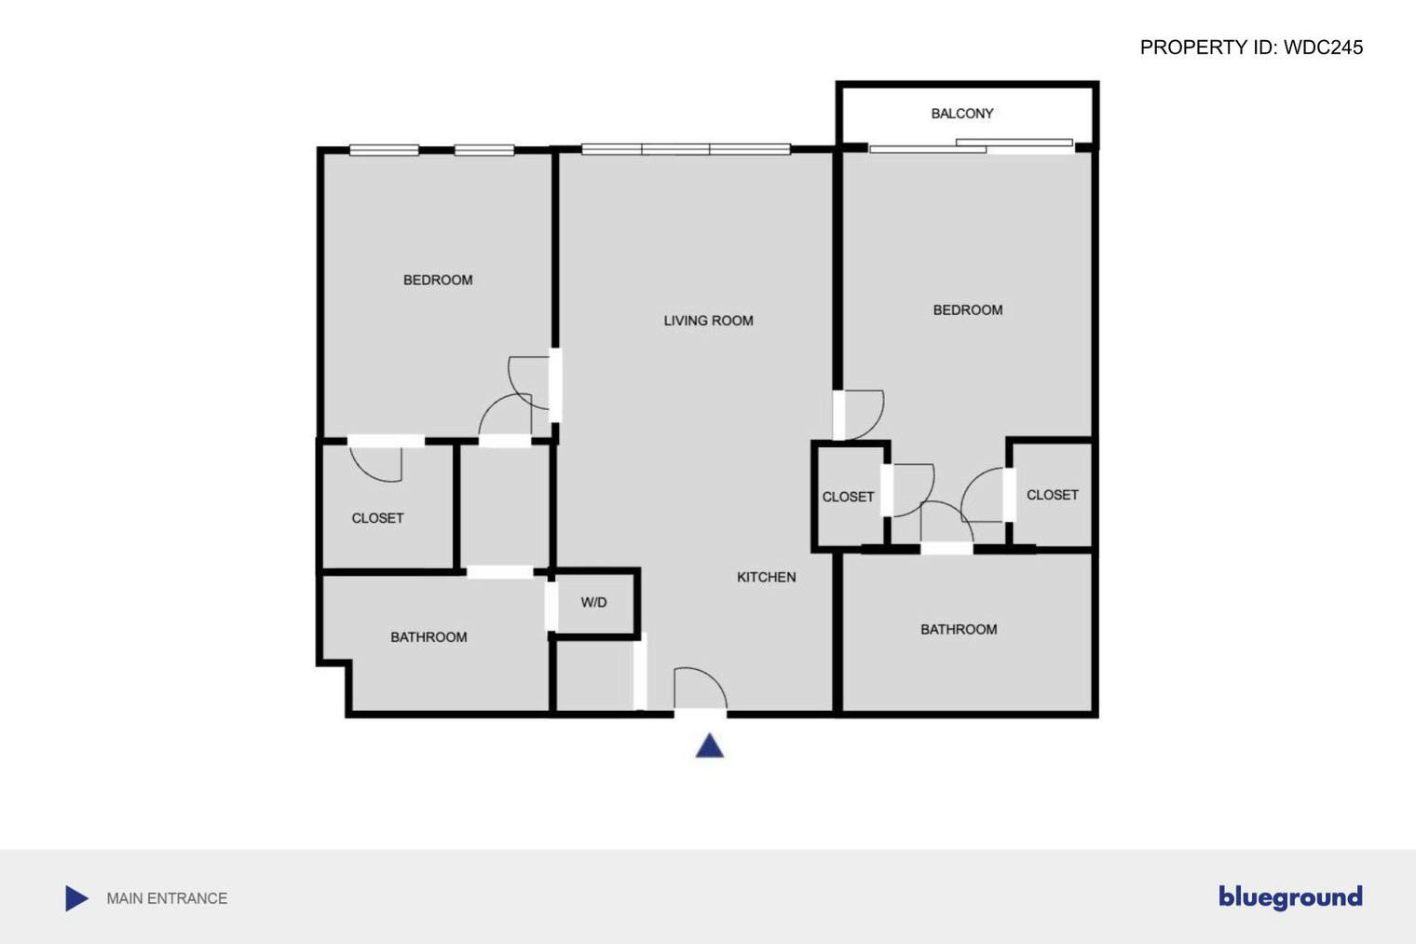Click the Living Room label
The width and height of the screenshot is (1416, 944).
[x=708, y=321]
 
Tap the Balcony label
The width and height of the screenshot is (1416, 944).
[x=962, y=114]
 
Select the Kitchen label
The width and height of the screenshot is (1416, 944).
[x=766, y=578]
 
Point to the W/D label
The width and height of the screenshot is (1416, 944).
[x=593, y=603]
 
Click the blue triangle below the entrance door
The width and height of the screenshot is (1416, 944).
[x=710, y=746]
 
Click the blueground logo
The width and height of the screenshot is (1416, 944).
[x=1290, y=896]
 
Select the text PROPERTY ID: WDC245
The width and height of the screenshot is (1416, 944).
[x=1251, y=48]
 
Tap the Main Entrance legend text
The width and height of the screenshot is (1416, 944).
[x=167, y=898]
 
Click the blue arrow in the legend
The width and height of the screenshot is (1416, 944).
[x=76, y=898]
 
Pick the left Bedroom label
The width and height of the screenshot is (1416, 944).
[x=438, y=280]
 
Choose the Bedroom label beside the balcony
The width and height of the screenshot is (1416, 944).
[x=968, y=310]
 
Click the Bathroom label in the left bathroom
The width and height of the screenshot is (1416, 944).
[x=429, y=637]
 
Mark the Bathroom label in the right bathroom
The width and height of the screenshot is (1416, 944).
[x=959, y=630]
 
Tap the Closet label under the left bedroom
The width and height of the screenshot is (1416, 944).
[x=377, y=518]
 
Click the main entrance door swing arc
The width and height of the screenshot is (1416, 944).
[x=701, y=688]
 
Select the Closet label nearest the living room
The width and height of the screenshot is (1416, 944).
[x=848, y=498]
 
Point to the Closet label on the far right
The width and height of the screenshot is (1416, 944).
[x=1053, y=496]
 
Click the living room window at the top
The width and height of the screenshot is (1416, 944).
[x=686, y=149]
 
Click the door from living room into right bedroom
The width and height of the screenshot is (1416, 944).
[x=859, y=415]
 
